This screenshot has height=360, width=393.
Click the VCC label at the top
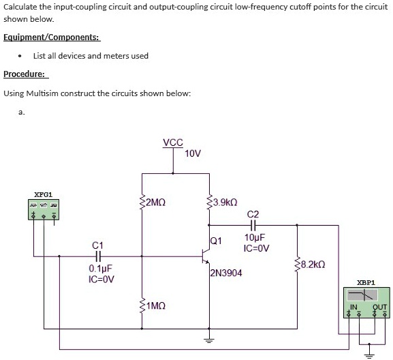(x=173, y=142)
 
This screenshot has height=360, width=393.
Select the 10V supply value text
(x=193, y=153)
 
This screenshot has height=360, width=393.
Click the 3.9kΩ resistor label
(x=225, y=202)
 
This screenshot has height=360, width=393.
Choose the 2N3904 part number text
(x=226, y=273)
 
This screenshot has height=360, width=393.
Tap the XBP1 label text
(x=366, y=282)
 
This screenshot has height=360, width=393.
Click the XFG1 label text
(x=43, y=195)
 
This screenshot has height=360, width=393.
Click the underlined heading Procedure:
(x=25, y=74)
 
